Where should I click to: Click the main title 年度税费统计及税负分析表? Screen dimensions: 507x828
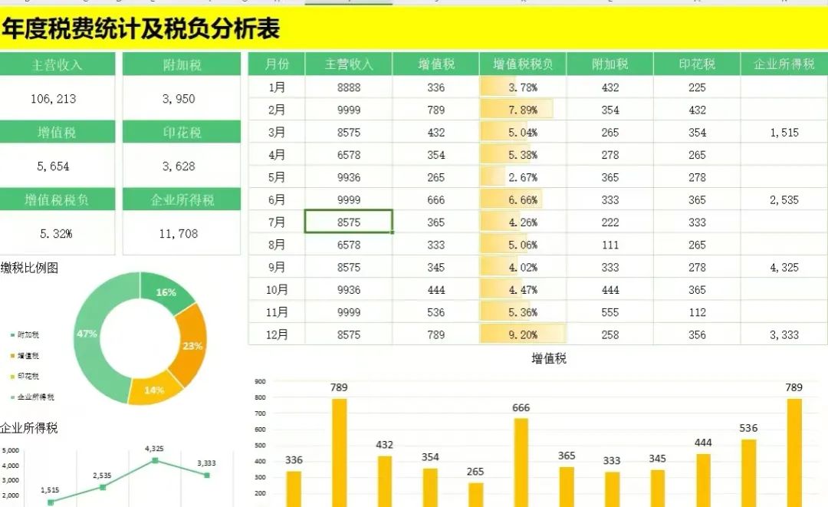tap(140, 28)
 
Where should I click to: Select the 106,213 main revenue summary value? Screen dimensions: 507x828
tap(54, 99)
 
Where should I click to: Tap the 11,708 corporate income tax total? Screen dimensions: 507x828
tap(179, 234)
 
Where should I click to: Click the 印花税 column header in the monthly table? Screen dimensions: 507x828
tap(697, 64)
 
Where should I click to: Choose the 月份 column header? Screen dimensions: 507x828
tap(277, 64)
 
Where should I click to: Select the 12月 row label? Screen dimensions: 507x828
tap(277, 334)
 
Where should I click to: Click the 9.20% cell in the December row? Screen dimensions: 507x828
tap(523, 334)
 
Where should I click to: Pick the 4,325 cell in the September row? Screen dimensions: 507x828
tap(784, 268)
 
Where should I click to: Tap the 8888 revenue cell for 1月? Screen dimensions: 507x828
tap(349, 87)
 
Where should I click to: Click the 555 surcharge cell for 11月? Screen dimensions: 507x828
tap(610, 312)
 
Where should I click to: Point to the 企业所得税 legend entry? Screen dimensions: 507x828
tap(35, 397)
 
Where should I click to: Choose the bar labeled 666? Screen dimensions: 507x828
tap(521, 460)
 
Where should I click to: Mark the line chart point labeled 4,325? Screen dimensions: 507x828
tap(155, 460)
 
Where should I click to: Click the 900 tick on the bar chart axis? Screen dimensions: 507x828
tap(260, 381)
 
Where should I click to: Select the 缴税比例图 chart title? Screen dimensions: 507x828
tap(29, 268)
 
